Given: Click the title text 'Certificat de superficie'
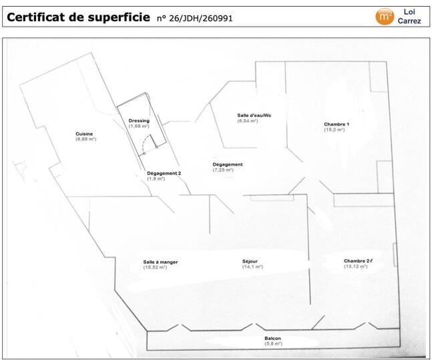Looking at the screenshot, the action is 78,17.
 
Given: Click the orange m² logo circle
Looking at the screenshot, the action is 385,17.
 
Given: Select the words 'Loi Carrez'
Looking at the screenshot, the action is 409,16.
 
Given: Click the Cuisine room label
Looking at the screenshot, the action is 84,134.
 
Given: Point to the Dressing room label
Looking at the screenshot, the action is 139,121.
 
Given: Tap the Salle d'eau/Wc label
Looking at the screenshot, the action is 254,115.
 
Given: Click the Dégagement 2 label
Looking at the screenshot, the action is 164,174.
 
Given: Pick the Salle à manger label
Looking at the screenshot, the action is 160,262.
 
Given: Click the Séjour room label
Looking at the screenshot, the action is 250,261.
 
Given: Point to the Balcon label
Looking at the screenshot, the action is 272,338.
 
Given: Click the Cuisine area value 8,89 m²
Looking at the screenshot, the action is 86,139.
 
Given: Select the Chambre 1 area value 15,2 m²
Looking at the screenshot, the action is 335,130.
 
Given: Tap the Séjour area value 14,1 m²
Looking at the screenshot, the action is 252,266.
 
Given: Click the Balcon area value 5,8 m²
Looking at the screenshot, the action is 274,344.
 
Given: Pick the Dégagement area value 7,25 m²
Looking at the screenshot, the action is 223,170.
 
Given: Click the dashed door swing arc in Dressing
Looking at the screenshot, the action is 145,144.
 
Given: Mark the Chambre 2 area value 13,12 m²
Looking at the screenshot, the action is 356,266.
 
